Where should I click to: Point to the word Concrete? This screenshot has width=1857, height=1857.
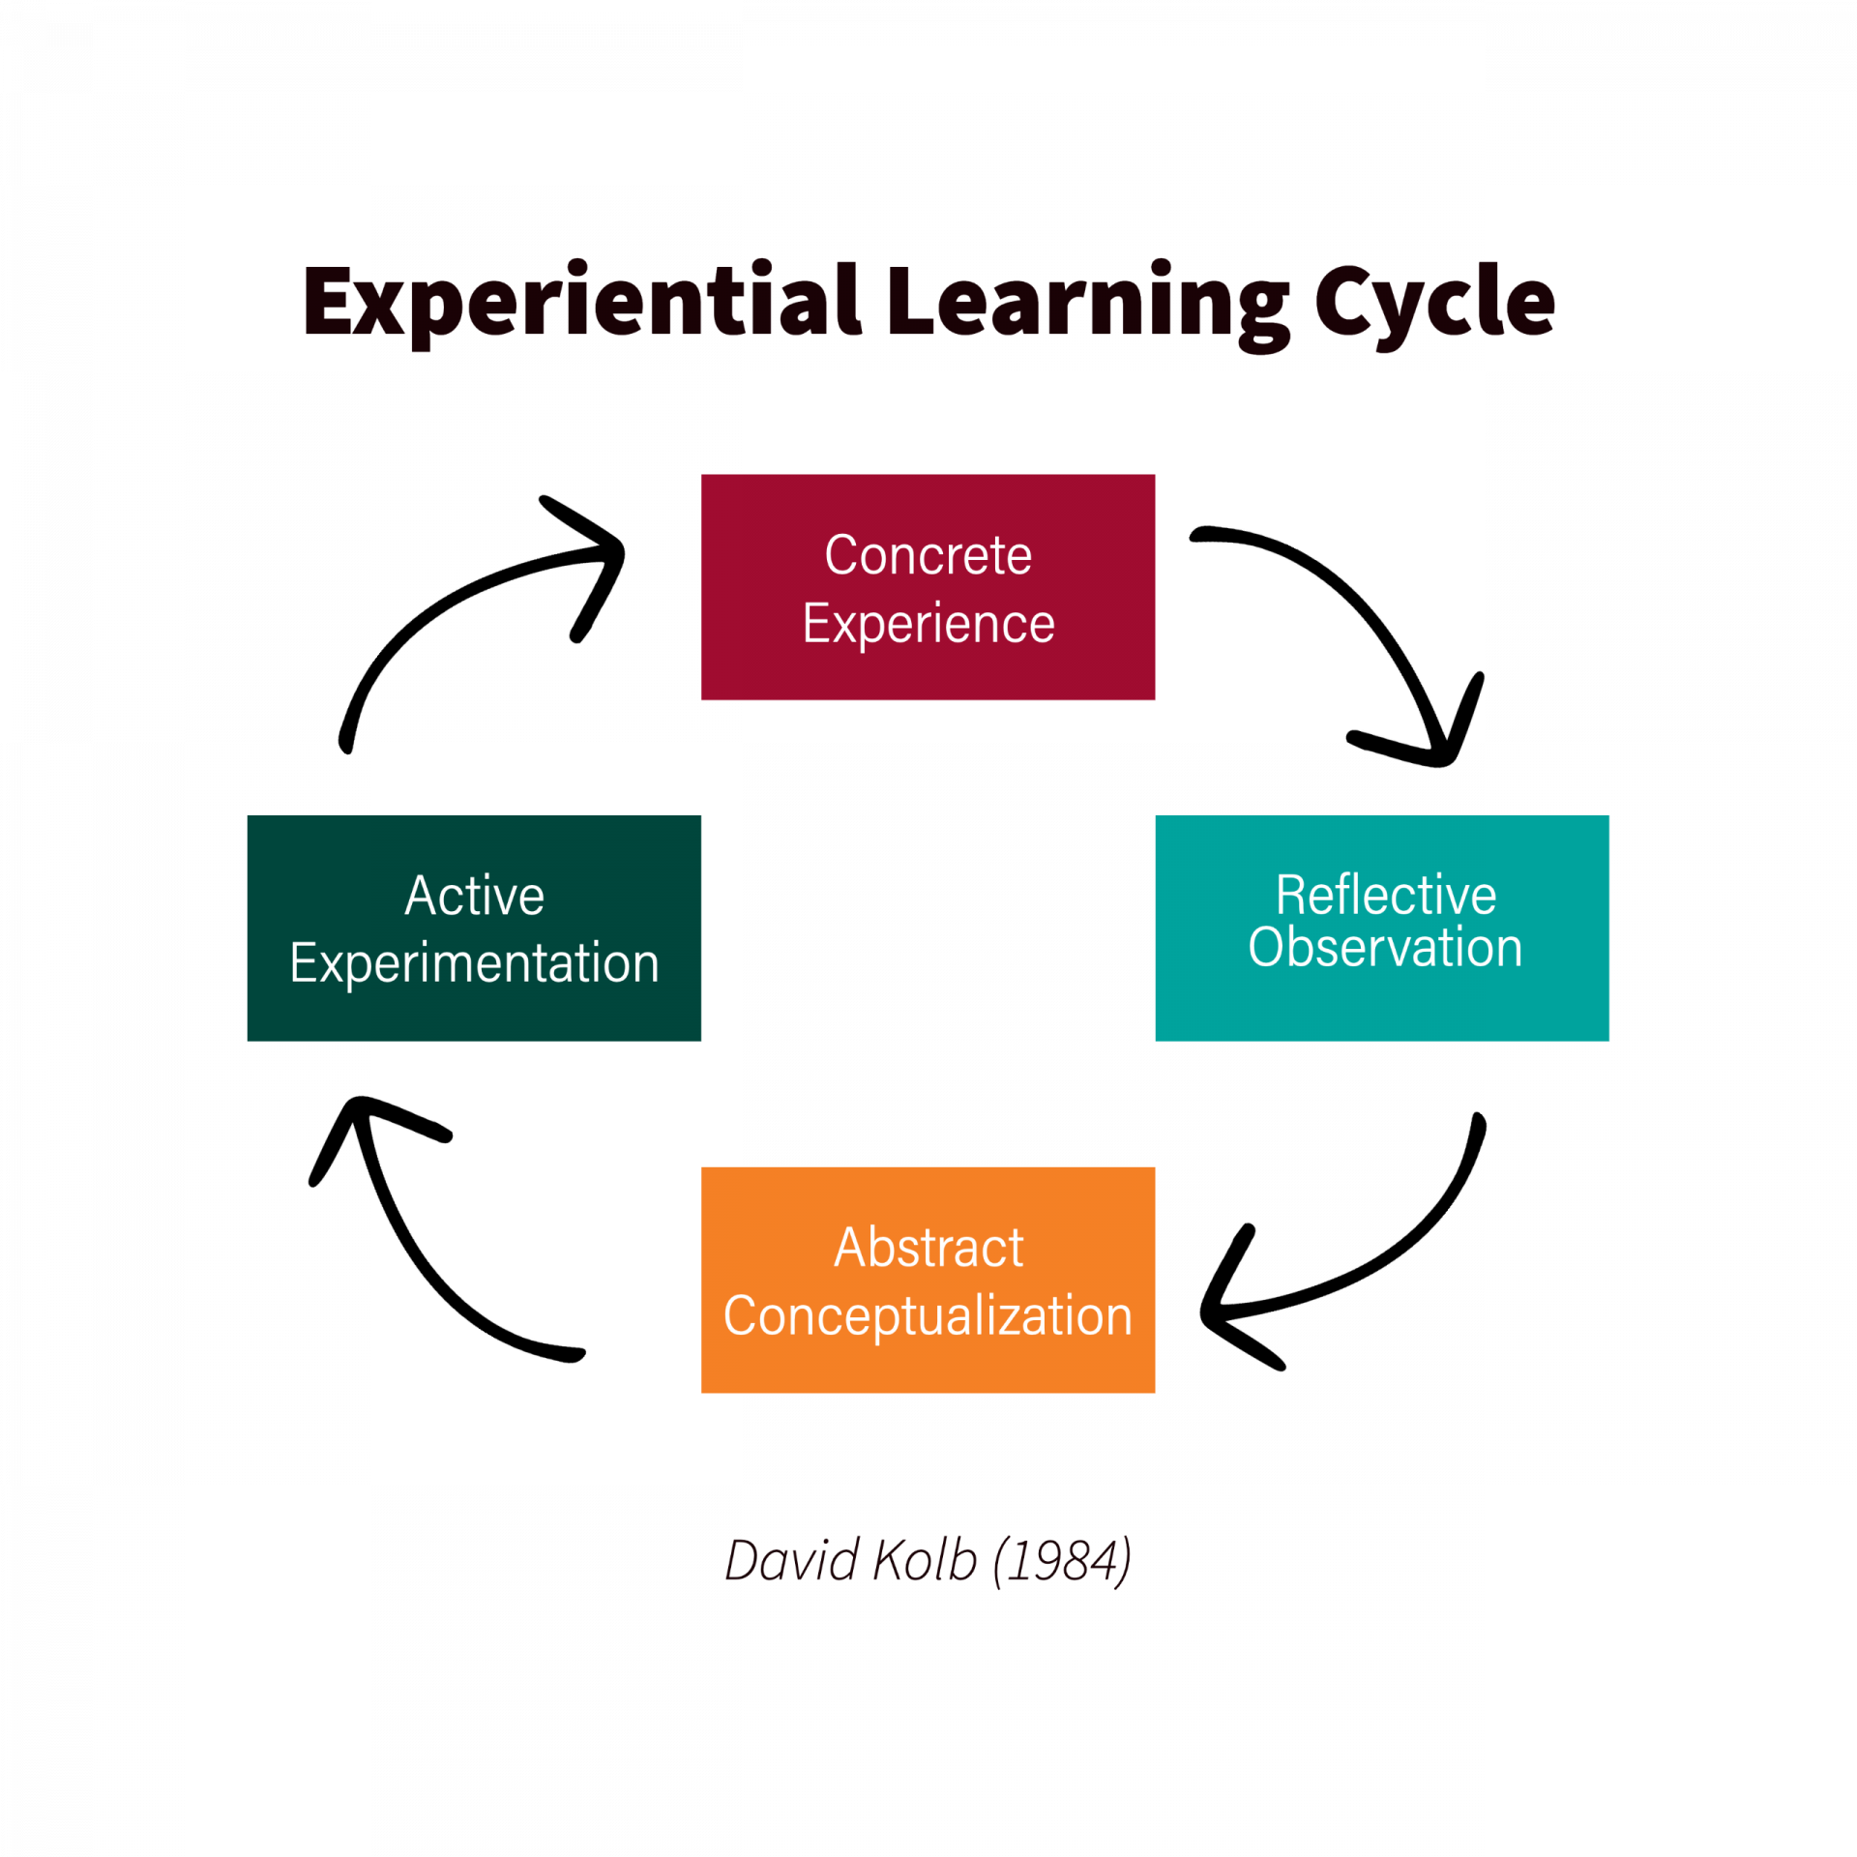pyautogui.click(x=928, y=555)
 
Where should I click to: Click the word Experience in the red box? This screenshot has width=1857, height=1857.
pyautogui.click(x=928, y=624)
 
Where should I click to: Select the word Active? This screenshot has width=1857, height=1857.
pyautogui.click(x=474, y=895)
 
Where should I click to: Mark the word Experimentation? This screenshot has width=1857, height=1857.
pyautogui.click(x=474, y=963)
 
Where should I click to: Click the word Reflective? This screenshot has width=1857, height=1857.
pyautogui.click(x=1385, y=895)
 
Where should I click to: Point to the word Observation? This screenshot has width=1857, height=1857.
pyautogui.click(x=1385, y=947)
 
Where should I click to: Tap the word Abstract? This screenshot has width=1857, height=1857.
pyautogui.click(x=928, y=1247)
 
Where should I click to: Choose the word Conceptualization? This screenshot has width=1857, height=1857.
pyautogui.click(x=928, y=1315)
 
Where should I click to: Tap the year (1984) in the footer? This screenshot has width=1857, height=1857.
pyautogui.click(x=1063, y=1561)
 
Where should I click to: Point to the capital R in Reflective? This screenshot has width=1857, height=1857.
pyautogui.click(x=1291, y=895)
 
